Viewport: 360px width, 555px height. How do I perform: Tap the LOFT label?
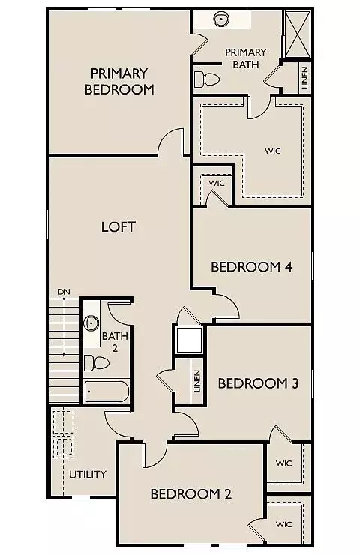pos(118,226)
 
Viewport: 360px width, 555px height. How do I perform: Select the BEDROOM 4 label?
pos(250,266)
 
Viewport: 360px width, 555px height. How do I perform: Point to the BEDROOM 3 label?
pos(258,383)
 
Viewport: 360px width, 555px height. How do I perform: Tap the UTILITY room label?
pos(88,475)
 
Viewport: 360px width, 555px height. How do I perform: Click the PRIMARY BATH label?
pos(245,57)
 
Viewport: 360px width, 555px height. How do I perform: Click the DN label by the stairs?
pos(64,292)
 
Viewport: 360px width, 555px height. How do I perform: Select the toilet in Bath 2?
pos(95,364)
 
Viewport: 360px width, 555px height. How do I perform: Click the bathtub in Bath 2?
pos(106,391)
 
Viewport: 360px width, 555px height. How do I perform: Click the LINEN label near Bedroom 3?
pos(196,382)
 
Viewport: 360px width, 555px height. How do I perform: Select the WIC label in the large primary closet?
pos(272,150)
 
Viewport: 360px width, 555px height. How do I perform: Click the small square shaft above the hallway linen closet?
pos(188,340)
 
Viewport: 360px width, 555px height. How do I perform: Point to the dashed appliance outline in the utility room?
pos(64,433)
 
